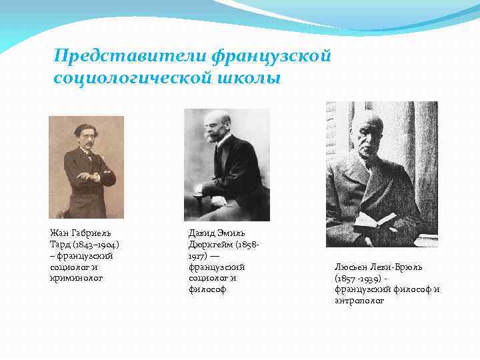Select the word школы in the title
pyautogui.click(x=249, y=78)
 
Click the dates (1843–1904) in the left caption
pyautogui.click(x=90, y=244)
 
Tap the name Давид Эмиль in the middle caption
pyautogui.click(x=217, y=233)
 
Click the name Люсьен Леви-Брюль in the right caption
pyautogui.click(x=378, y=267)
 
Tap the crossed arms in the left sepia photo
pyautogui.click(x=87, y=177)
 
